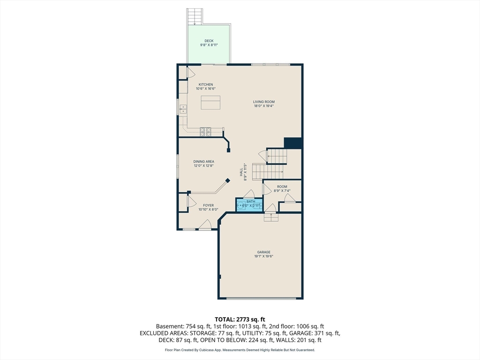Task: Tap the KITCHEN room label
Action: (x=206, y=84)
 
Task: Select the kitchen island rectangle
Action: (x=210, y=103)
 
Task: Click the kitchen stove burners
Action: (x=205, y=132)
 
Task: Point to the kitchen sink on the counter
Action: (x=183, y=109)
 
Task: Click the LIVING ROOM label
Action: (x=264, y=102)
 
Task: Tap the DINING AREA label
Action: (x=203, y=161)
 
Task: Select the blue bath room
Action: (x=249, y=204)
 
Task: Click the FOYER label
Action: (x=209, y=205)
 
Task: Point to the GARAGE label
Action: (x=263, y=252)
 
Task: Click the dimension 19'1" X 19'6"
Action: (x=263, y=256)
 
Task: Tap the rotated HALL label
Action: (x=241, y=172)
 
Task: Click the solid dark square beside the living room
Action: (x=293, y=143)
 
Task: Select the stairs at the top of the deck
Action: (x=195, y=16)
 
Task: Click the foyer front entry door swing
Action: (x=205, y=225)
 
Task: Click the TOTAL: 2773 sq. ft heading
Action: (x=240, y=320)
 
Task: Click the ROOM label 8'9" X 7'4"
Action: (x=282, y=188)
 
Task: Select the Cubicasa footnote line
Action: (x=240, y=350)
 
